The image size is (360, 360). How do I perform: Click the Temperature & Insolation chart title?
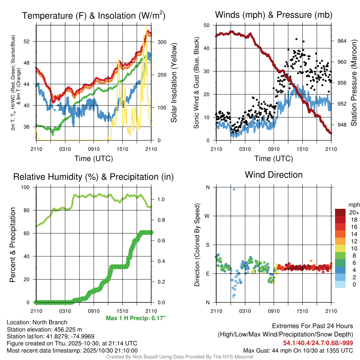pos(94,16)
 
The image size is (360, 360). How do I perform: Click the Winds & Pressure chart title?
pos(274,15)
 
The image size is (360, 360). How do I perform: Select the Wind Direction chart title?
pos(274,175)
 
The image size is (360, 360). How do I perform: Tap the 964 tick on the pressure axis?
pos(342,41)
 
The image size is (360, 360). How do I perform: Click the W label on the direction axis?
pos(207,216)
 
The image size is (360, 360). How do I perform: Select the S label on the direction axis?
pos(207,245)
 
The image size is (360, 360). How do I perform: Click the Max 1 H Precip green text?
pos(136,318)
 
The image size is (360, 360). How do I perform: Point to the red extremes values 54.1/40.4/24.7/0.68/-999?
pos(318,343)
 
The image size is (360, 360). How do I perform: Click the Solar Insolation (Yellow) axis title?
pos(174,83)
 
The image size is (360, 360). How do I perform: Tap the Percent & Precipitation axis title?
pos(12,245)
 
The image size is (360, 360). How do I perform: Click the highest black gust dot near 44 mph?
pos(296,39)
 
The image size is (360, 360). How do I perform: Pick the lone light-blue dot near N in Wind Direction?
pos(234,189)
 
